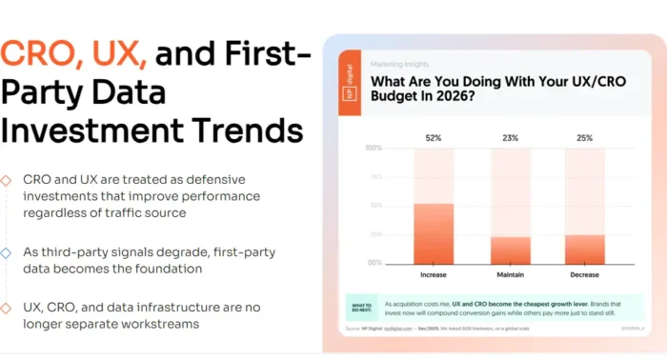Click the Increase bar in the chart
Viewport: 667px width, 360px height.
coord(434,233)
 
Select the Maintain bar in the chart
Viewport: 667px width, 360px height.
coord(511,250)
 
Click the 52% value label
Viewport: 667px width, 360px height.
coord(434,138)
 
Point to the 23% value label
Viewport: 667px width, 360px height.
coord(511,138)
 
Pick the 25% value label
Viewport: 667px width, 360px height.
coord(584,138)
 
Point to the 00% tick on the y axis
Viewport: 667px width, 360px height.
coord(375,263)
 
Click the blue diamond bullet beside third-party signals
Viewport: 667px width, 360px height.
coord(7,252)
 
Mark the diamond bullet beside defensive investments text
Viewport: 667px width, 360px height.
coord(7,179)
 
